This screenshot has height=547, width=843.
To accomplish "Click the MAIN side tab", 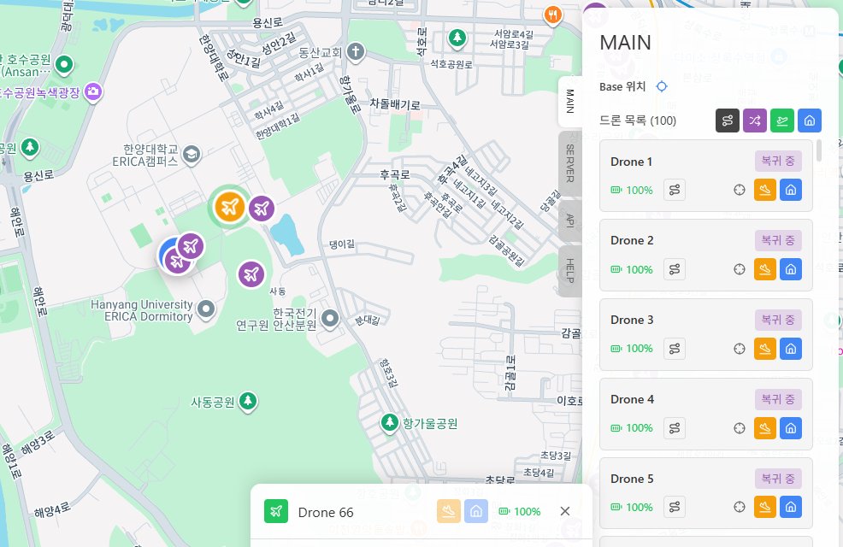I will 569,102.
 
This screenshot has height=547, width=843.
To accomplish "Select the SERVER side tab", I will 569,163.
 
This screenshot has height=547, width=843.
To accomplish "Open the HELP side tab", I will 569,272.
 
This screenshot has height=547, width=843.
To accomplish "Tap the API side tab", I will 569,220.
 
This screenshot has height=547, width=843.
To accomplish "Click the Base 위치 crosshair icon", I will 661,86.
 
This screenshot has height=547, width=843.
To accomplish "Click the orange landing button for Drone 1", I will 765,191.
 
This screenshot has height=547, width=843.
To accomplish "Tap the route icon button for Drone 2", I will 675,269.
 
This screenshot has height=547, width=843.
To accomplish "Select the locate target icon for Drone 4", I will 740,428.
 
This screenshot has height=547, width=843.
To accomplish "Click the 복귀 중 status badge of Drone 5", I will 778,479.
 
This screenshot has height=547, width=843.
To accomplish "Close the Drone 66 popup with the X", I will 565,511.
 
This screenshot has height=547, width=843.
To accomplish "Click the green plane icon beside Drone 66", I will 275,511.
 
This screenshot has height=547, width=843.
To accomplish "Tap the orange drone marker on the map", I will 228,206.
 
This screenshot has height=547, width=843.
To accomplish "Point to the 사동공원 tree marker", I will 249,401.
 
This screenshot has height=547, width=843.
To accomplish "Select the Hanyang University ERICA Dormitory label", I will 142,310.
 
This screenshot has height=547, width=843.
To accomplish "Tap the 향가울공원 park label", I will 431,423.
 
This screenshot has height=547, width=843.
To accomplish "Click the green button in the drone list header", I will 782,121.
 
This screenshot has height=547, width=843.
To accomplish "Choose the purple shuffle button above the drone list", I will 755,121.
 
